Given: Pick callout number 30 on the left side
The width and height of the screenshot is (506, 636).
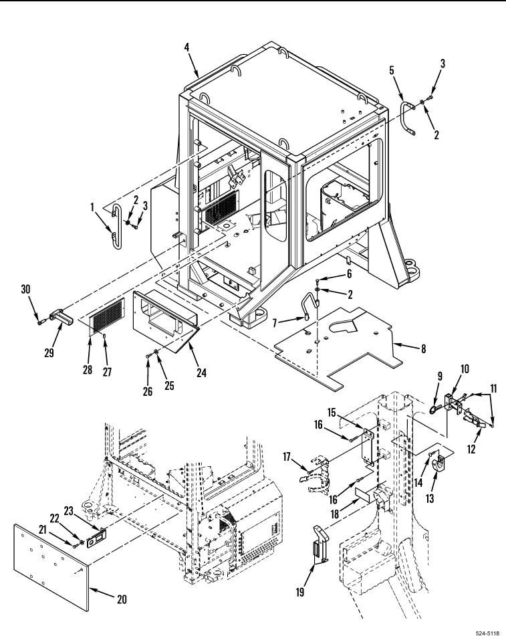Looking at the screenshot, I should (x=26, y=289).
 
